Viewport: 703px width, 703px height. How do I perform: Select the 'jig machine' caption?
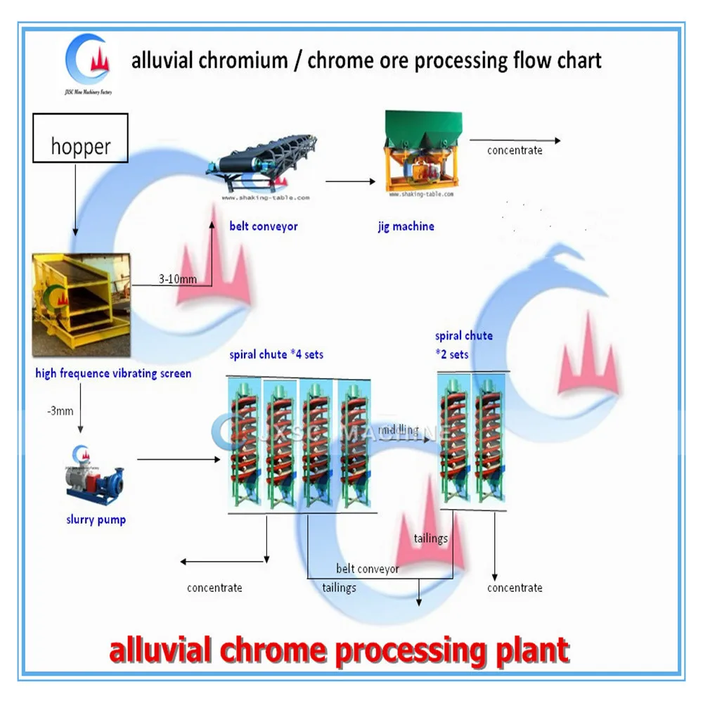(406, 226)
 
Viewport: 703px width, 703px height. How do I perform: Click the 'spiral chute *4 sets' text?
(276, 354)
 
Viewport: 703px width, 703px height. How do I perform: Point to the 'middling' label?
(399, 430)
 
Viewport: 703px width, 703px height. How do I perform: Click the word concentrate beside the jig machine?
(515, 150)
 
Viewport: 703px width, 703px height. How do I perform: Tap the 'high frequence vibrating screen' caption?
(113, 373)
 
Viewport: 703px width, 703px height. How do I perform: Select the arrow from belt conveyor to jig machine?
(350, 181)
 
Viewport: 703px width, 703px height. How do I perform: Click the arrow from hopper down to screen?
(74, 204)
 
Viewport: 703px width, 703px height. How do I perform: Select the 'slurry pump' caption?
(96, 520)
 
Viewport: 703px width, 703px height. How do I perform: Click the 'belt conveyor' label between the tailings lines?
(367, 569)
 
